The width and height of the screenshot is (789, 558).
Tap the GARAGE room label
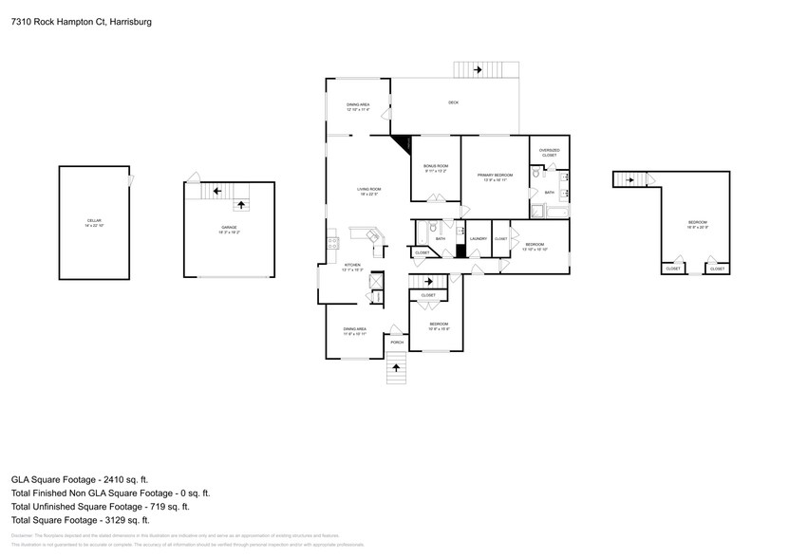click(230, 228)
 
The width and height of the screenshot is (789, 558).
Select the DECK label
click(454, 102)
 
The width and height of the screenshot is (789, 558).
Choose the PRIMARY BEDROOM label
click(495, 175)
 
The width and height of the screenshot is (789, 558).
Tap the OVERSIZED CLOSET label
click(549, 152)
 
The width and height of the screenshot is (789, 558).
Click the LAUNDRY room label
click(478, 238)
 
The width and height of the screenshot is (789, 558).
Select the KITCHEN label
click(352, 265)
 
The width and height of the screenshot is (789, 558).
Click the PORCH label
click(397, 342)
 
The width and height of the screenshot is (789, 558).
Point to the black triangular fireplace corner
click(402, 141)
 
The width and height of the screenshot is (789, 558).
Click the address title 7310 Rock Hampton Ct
click(81, 20)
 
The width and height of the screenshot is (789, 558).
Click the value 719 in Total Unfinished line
click(158, 507)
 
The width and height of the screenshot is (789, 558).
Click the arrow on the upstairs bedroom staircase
click(626, 179)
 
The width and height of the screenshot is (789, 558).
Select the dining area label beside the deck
click(358, 104)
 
